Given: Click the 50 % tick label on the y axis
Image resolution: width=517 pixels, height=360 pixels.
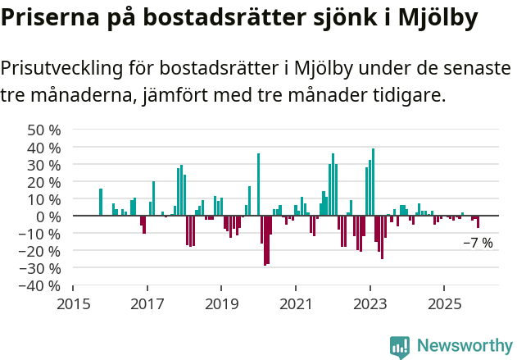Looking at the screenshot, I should click(x=44, y=130).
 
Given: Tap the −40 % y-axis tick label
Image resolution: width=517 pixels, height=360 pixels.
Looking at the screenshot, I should click(x=40, y=285).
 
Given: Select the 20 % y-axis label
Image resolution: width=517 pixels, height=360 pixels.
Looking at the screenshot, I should click(x=44, y=182).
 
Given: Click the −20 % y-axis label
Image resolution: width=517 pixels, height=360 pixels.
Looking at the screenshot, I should click(x=40, y=251).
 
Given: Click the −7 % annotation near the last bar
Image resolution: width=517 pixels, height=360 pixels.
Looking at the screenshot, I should click(x=478, y=243).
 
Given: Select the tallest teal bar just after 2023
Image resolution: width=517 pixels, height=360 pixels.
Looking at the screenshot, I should click(x=373, y=182).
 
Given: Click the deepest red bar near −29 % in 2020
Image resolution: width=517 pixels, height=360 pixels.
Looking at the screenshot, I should click(x=265, y=240).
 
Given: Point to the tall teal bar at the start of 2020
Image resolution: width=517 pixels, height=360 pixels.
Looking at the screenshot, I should click(x=258, y=185).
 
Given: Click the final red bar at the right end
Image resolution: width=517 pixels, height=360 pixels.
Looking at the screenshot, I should click(x=478, y=221).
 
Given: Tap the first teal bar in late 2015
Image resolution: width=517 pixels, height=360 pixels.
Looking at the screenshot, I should click(x=101, y=202).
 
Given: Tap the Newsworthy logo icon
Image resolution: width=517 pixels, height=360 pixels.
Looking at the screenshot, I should click(x=400, y=346).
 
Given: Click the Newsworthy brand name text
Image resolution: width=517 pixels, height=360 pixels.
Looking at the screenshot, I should click(x=464, y=346).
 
